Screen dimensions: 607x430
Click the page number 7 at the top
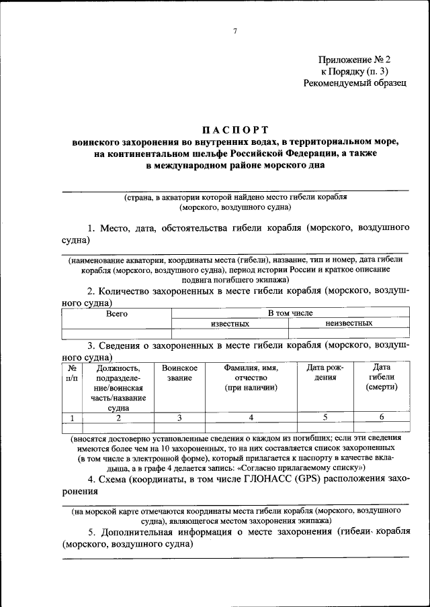[x=235, y=31]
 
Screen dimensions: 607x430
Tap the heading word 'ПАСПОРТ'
[x=235, y=129]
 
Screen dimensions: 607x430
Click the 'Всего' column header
[x=116, y=313]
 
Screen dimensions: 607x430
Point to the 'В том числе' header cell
[x=290, y=313]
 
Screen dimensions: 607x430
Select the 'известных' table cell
[x=230, y=323]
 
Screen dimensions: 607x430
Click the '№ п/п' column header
[x=71, y=374]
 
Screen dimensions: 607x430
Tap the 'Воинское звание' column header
[x=179, y=374]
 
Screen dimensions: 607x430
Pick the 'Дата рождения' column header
[x=325, y=374]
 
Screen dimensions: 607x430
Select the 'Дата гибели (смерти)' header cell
[x=382, y=378]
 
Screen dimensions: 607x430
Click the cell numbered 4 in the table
[x=251, y=417]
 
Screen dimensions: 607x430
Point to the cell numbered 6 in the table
[x=382, y=417]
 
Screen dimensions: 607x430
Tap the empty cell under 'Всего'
[x=116, y=333]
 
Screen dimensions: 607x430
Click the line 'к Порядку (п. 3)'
[x=355, y=71]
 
